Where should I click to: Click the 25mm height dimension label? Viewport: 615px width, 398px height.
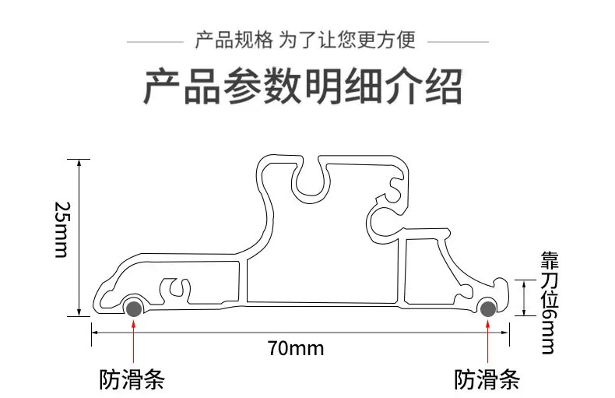coord(61,230)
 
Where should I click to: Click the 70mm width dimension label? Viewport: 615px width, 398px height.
coord(296,349)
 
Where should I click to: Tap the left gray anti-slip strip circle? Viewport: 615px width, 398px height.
coord(134,308)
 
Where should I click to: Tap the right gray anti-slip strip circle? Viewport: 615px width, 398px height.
coord(488,308)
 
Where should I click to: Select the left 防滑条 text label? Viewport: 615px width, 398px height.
coord(132,379)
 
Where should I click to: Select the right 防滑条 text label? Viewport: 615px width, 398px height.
coord(487,379)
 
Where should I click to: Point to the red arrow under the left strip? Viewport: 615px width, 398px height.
coord(134,341)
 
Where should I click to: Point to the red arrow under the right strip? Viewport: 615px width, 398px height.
coord(488,341)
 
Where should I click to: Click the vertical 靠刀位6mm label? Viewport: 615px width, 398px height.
coord(550,303)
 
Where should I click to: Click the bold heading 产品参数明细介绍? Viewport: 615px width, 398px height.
coord(303,86)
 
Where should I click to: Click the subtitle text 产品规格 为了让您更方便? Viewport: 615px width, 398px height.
coord(305,40)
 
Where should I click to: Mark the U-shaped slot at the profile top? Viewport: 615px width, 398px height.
coord(311,178)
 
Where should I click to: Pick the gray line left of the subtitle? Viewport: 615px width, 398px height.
coord(156,41)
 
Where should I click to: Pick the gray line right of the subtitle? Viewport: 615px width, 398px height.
coord(458,41)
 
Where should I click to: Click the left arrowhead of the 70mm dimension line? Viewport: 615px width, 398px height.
coord(95,333)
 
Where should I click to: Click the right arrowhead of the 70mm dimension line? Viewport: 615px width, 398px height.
coord(505,333)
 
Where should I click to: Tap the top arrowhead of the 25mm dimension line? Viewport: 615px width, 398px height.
coord(79,164)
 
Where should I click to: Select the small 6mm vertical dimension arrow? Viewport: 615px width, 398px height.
coord(525,298)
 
